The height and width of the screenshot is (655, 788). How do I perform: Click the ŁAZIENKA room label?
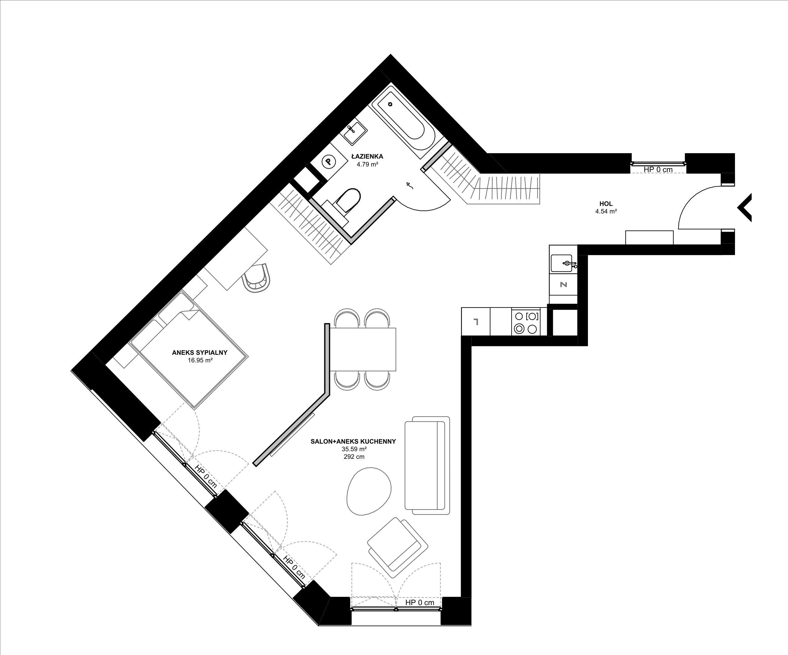coord(367,156)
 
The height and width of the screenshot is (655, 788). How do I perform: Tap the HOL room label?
coord(606,204)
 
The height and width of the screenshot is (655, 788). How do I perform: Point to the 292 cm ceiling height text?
coord(354,457)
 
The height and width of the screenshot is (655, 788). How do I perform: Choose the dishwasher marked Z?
coord(563,284)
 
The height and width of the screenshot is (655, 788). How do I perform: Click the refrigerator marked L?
coord(476,322)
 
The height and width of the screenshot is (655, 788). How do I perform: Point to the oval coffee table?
coord(369,491)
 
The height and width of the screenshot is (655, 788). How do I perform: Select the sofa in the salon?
coord(427,465)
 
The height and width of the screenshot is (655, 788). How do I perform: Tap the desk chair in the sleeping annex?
coord(257,277)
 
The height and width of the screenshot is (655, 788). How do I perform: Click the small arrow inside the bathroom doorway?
coord(409,185)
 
